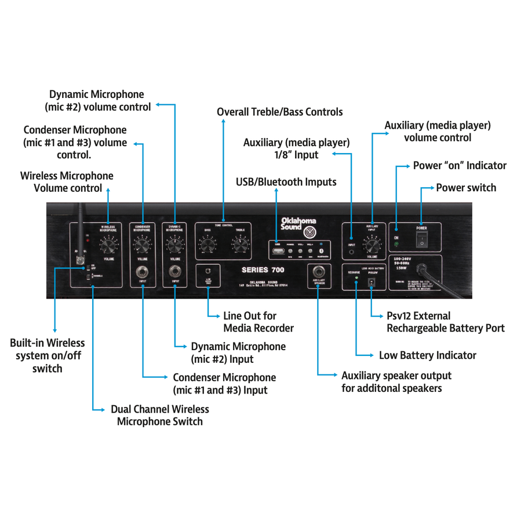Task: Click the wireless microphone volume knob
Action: pos(108,246)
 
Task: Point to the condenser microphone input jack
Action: pos(142,271)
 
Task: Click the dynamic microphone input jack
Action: pos(174,271)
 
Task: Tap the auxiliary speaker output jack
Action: pos(318,271)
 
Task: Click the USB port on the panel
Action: pos(279,250)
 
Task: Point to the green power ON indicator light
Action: pos(396,244)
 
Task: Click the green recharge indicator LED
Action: pos(356,279)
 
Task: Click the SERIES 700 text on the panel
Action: pos(263,270)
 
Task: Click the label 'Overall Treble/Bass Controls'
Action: pos(279,112)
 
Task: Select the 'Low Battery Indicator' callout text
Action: pos(427,355)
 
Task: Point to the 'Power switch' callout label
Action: pos(465,188)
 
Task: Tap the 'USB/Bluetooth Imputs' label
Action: pos(286,182)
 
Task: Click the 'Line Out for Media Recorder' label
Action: pos(258,322)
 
